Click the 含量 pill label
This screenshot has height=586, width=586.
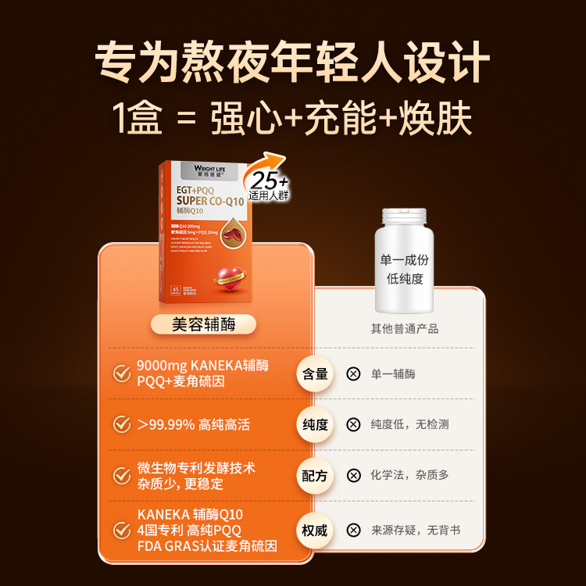pyautogui.click(x=314, y=373)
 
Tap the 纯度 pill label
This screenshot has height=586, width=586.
pyautogui.click(x=314, y=424)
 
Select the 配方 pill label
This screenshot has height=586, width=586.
pyautogui.click(x=314, y=475)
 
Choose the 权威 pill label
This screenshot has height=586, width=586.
pyautogui.click(x=314, y=531)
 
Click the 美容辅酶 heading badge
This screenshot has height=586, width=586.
pyautogui.click(x=203, y=324)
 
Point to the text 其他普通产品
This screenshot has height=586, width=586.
pyautogui.click(x=404, y=329)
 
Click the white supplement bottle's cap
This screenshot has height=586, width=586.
pyautogui.click(x=404, y=218)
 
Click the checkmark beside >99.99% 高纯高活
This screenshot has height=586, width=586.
pyautogui.click(x=122, y=424)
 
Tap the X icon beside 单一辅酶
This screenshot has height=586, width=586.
pyautogui.click(x=353, y=373)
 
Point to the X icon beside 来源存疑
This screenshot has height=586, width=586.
pyautogui.click(x=353, y=531)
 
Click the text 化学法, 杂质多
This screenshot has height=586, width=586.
pyautogui.click(x=410, y=475)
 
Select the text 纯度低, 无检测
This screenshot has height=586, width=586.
pyautogui.click(x=410, y=424)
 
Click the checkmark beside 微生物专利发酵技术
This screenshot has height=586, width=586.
pyautogui.click(x=122, y=475)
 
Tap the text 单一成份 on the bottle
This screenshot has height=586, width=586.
pyautogui.click(x=403, y=259)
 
